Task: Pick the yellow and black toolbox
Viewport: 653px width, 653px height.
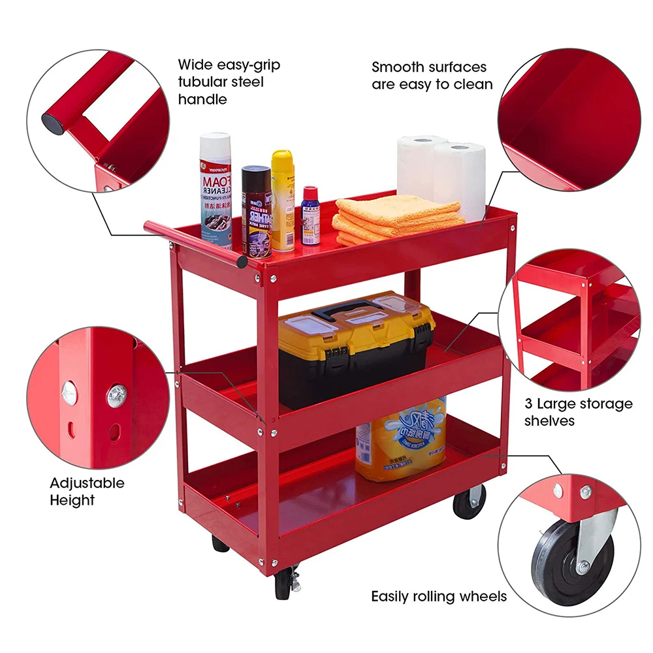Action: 355,349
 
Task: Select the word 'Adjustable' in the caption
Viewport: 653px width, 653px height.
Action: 87,484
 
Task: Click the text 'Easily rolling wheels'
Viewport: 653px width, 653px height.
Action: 439,596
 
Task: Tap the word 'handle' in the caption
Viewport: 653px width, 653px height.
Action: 202,99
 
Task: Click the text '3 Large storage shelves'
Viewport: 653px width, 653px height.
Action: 578,412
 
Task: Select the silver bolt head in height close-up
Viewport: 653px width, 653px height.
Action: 116,395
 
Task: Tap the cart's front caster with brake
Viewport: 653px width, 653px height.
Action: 285,582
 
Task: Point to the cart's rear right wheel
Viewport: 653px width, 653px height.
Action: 470,502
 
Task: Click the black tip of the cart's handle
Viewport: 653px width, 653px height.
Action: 242,263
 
